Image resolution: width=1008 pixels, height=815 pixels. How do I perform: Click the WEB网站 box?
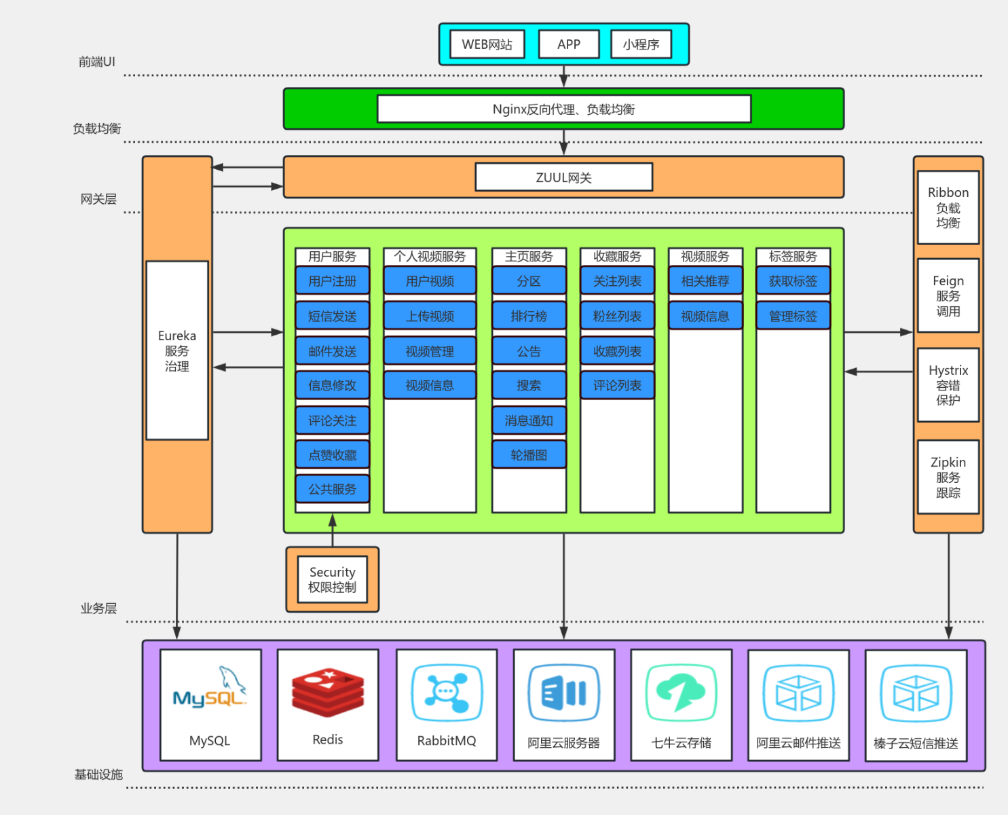[x=487, y=45]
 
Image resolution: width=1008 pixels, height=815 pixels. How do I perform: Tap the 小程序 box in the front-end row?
[x=641, y=45]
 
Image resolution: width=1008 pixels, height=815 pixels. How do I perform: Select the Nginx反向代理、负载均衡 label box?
[x=563, y=109]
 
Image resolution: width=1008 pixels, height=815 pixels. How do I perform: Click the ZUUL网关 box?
[x=563, y=178]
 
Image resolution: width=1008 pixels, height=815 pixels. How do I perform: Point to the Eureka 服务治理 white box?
[x=177, y=350]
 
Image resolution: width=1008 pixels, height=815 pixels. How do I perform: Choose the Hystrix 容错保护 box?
[x=948, y=385]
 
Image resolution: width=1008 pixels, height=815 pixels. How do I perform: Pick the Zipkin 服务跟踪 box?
[x=948, y=477]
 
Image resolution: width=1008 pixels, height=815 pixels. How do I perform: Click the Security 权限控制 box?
[x=332, y=579]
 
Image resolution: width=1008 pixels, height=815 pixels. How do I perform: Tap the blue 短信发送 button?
[x=332, y=316]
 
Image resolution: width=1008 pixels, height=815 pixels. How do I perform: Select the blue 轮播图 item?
[x=529, y=455]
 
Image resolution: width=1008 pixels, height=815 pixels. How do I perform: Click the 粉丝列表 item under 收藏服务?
[x=617, y=316]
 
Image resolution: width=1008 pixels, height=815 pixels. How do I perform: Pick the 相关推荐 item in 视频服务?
[x=705, y=281]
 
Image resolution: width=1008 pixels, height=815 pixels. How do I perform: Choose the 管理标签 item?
[x=793, y=316]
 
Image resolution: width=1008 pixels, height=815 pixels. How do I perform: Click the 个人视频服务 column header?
[x=430, y=257]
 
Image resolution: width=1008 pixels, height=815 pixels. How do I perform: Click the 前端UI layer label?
[x=97, y=62]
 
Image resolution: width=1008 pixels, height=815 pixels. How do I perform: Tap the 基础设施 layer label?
[x=98, y=774]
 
